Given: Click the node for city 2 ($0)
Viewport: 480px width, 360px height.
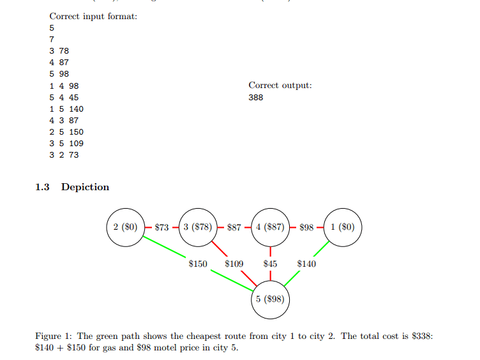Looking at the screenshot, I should [x=125, y=227].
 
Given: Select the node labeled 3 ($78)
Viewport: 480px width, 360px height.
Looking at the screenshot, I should [x=198, y=227].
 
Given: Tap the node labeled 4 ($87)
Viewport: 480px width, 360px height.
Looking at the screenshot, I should [x=271, y=227].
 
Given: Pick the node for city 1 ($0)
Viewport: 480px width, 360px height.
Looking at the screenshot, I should [x=343, y=227].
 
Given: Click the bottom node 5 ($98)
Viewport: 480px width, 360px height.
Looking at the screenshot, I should [x=271, y=299].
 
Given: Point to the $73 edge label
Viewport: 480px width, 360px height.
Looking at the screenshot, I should [x=161, y=227].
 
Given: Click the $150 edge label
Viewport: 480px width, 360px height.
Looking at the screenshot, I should [x=198, y=263].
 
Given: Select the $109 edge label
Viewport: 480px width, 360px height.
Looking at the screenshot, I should [x=234, y=263].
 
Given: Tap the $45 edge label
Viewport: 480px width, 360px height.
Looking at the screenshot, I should [x=271, y=263].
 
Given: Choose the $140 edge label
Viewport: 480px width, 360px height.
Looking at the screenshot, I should [x=307, y=263].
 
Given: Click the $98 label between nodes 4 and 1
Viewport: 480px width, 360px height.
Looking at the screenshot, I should [x=307, y=227].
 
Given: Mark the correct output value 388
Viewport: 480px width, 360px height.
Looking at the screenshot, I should [x=255, y=98].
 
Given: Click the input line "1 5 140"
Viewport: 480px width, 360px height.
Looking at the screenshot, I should [x=66, y=109].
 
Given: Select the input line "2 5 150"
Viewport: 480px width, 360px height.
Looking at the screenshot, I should [x=66, y=132].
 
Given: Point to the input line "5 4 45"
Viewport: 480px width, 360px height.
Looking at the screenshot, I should [x=64, y=98].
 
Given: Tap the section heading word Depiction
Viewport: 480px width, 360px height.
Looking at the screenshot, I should [x=85, y=187].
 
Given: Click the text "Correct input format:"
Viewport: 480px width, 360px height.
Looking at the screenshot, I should [x=93, y=16].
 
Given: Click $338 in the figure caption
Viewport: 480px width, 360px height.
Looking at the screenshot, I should [x=420, y=336].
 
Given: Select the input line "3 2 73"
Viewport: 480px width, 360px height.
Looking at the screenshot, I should [x=64, y=155].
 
